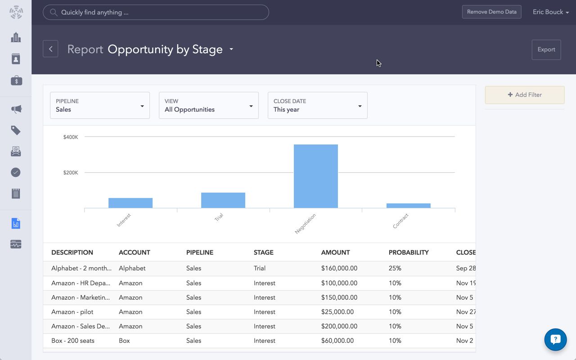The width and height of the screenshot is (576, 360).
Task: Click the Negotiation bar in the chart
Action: click(315, 176)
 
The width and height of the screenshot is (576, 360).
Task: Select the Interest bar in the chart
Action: click(130, 203)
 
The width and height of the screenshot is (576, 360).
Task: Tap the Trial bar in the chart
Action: click(223, 200)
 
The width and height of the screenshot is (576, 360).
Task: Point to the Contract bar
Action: click(408, 206)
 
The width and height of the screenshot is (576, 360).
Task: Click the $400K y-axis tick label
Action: click(71, 137)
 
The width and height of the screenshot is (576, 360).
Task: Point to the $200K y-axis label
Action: click(71, 172)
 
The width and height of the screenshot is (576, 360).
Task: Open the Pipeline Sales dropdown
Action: click(100, 105)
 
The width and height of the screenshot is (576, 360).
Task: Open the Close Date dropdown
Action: click(317, 105)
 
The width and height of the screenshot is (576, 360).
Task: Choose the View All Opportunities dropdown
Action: click(208, 105)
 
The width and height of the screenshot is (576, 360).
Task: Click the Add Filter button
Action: click(524, 95)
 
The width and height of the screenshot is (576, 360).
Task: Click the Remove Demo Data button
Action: click(491, 12)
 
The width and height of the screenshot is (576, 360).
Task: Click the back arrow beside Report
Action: click(50, 49)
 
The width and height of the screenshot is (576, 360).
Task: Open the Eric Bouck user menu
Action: click(550, 12)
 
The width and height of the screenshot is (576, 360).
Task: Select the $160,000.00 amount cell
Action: click(339, 268)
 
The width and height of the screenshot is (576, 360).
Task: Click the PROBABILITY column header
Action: click(409, 252)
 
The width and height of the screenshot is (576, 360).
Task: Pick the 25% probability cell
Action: click(395, 268)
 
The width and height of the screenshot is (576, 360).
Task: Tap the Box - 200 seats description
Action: click(73, 341)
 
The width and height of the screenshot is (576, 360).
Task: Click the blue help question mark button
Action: click(555, 339)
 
